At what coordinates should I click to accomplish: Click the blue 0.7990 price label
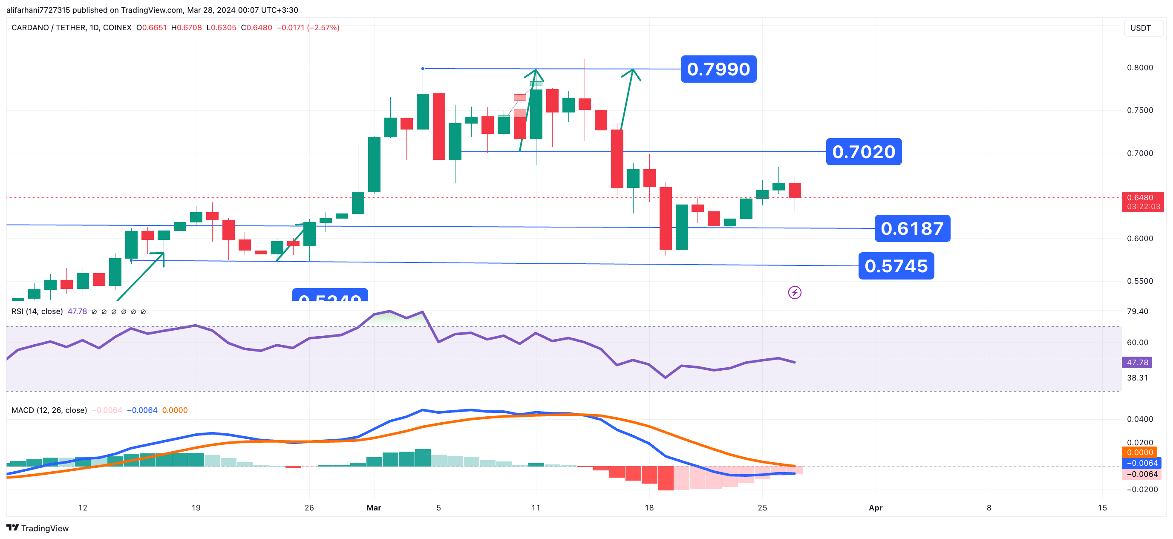[718, 69]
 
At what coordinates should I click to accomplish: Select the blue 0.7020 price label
[863, 152]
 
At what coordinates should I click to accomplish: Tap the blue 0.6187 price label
[912, 228]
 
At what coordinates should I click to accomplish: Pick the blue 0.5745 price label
[896, 266]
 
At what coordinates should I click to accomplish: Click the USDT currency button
[1140, 28]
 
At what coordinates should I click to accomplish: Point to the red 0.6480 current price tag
[1142, 202]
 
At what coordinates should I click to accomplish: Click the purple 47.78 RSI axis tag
[1137, 362]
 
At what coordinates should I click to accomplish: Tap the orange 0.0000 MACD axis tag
[1139, 452]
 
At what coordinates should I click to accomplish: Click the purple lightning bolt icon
[795, 292]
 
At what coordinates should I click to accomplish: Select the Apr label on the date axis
[875, 507]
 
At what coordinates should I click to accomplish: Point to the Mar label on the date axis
[373, 507]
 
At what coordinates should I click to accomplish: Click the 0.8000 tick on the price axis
[1140, 68]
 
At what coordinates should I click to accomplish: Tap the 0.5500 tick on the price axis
[1140, 281]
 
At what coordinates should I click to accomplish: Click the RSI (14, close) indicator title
[37, 311]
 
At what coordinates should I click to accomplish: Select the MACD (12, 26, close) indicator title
[49, 410]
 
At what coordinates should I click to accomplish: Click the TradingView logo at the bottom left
[37, 528]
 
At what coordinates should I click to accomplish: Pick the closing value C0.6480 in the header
[257, 28]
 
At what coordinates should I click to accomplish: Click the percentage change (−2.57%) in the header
[323, 28]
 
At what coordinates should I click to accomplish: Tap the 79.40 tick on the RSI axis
[1137, 311]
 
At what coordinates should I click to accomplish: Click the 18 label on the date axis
[649, 507]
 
